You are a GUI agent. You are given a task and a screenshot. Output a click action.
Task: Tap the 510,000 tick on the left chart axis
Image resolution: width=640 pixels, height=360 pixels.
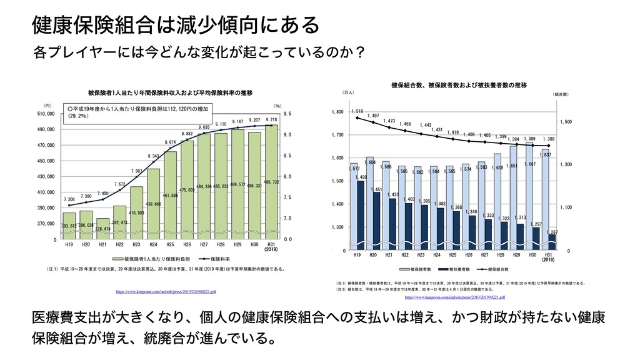pos(47,114)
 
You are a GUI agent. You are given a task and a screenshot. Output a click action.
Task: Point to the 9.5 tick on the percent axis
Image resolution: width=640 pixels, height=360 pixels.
pos(287,114)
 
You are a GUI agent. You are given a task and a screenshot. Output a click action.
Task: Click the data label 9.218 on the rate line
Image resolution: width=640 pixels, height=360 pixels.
pos(271,119)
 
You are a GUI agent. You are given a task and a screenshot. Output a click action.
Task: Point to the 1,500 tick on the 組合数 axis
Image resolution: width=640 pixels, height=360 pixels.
pos(566,122)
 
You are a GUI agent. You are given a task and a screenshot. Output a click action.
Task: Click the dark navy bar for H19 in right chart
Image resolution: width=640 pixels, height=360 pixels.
pos(361,212)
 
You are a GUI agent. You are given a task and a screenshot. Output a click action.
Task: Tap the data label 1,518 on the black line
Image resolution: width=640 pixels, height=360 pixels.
pos(357,111)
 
